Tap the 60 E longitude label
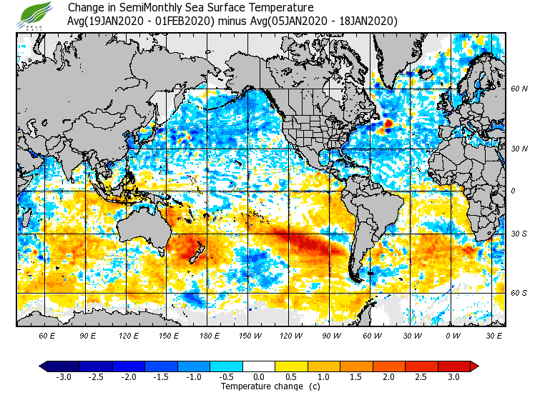47,335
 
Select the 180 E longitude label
209,335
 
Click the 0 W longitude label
452,335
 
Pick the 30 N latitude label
519,149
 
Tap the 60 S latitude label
519,294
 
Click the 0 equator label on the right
513,191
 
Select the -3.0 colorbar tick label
64,377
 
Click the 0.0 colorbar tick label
259,377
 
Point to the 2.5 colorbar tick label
421,377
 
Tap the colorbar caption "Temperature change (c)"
260,386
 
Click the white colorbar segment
259,366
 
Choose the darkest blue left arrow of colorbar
44,366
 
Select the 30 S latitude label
519,234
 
